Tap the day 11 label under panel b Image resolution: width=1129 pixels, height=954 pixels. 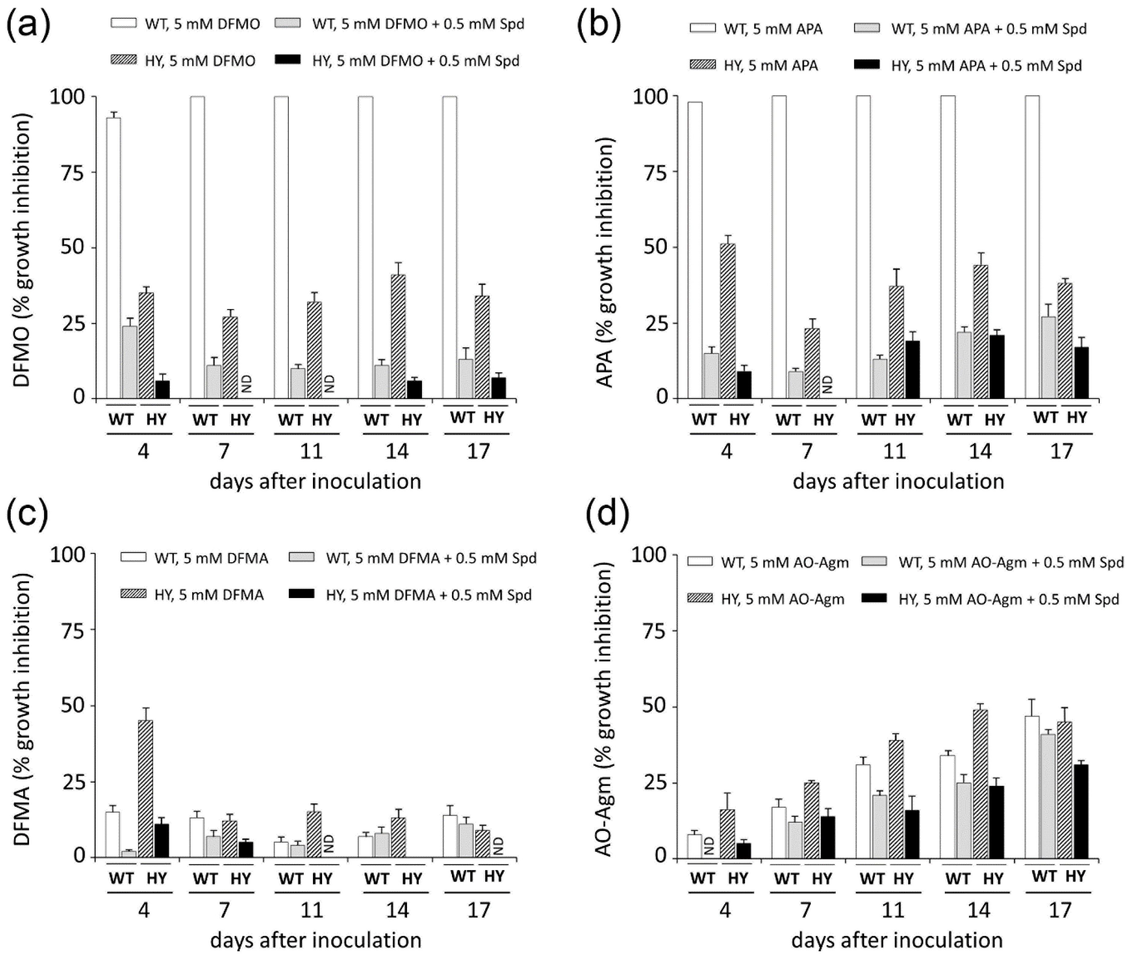coord(893,451)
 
